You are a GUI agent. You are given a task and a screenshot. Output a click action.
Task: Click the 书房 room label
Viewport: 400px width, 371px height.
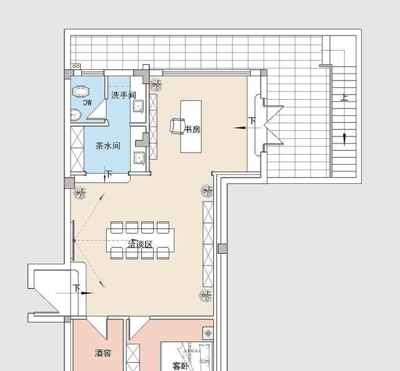[192, 129]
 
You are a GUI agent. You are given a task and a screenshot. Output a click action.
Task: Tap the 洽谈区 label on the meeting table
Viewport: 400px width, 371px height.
[140, 244]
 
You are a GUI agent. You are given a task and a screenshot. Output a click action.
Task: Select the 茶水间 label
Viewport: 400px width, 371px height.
[107, 146]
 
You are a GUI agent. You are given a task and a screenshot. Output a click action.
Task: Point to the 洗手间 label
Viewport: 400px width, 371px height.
[123, 95]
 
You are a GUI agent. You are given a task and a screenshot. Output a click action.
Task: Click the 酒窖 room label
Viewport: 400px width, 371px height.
[103, 353]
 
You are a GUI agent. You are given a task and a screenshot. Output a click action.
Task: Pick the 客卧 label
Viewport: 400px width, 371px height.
[181, 366]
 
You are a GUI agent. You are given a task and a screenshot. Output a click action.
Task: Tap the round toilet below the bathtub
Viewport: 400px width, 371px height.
[76, 115]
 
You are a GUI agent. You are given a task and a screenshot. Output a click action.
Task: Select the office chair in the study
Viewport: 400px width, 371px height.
[177, 126]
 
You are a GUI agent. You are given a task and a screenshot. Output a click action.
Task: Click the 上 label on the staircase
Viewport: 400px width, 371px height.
[344, 97]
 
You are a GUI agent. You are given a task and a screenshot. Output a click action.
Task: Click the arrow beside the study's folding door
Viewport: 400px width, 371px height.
[239, 128]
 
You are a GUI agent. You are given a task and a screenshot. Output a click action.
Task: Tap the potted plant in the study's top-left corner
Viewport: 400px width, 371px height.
[156, 84]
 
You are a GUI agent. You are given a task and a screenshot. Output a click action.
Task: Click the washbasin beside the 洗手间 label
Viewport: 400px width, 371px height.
[139, 106]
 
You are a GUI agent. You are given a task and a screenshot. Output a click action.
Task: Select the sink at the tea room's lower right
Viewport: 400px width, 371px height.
[139, 158]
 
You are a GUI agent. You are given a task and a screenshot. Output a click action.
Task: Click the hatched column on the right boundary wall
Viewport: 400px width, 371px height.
[222, 248]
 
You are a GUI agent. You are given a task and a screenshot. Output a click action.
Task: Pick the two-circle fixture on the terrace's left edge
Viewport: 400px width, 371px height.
[76, 66]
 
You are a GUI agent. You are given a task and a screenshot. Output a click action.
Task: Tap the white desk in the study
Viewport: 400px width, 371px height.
[191, 127]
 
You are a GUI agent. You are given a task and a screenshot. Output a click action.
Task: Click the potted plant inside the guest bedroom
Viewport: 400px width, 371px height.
[208, 333]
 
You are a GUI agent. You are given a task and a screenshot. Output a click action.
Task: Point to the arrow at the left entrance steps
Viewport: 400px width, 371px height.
[87, 293]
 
